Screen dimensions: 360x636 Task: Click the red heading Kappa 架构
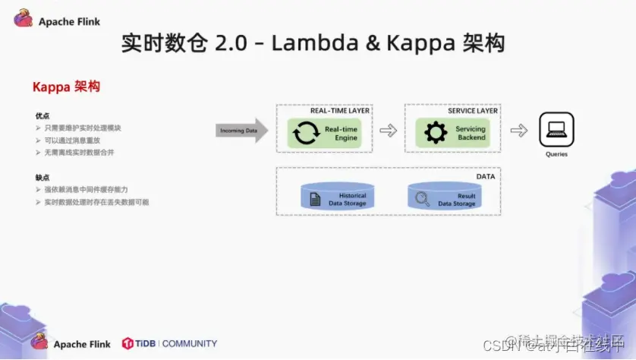coord(66,87)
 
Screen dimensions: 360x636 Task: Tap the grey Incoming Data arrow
coord(241,131)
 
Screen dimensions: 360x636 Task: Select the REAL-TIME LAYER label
coord(339,111)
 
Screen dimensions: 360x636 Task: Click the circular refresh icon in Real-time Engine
coord(306,134)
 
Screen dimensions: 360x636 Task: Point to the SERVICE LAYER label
coord(472,111)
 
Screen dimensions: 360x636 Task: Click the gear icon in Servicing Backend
coord(436,134)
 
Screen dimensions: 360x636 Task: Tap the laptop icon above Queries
coord(556,130)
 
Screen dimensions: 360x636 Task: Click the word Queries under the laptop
coord(556,154)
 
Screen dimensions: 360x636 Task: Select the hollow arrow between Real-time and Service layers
coord(388,131)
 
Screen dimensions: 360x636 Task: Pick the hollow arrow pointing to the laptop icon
coord(518,131)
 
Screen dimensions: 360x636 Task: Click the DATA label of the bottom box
coord(485,176)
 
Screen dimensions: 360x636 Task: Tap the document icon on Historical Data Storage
coord(314,199)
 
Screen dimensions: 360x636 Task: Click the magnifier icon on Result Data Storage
coord(423,199)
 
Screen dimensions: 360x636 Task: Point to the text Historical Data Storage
coord(347,199)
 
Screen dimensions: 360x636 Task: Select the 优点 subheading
coord(42,116)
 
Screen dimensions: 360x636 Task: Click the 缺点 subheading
coord(42,177)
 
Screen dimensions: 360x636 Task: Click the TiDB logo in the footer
coord(128,343)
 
